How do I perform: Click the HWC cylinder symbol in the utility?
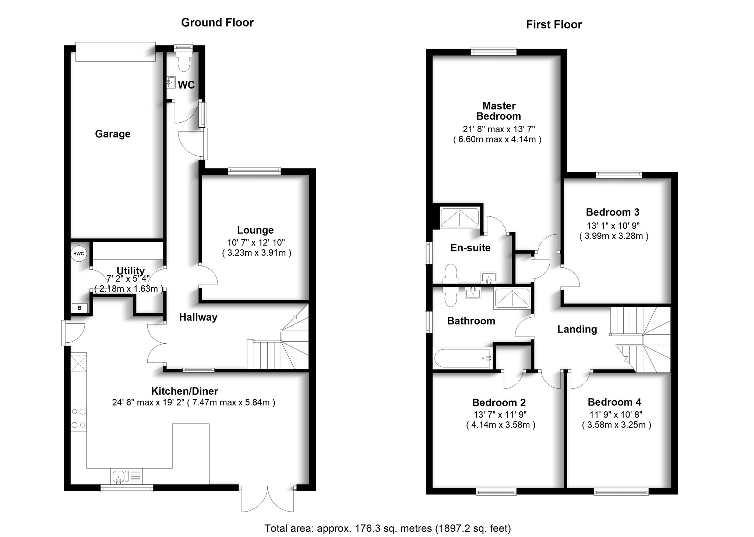(78, 254)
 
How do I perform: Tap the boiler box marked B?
(80, 308)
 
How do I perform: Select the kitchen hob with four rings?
(78, 418)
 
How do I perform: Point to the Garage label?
(113, 134)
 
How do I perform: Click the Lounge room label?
(255, 230)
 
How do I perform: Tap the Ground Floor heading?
(217, 22)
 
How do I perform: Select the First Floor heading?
(554, 25)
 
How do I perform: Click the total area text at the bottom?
(388, 529)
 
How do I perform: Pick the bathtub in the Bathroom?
(463, 358)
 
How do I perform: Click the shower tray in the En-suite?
(460, 218)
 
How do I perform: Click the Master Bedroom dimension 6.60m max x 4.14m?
(497, 140)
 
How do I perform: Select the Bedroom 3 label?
(612, 212)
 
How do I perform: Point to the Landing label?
(577, 329)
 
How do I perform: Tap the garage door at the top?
(115, 52)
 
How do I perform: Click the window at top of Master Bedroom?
(493, 52)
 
